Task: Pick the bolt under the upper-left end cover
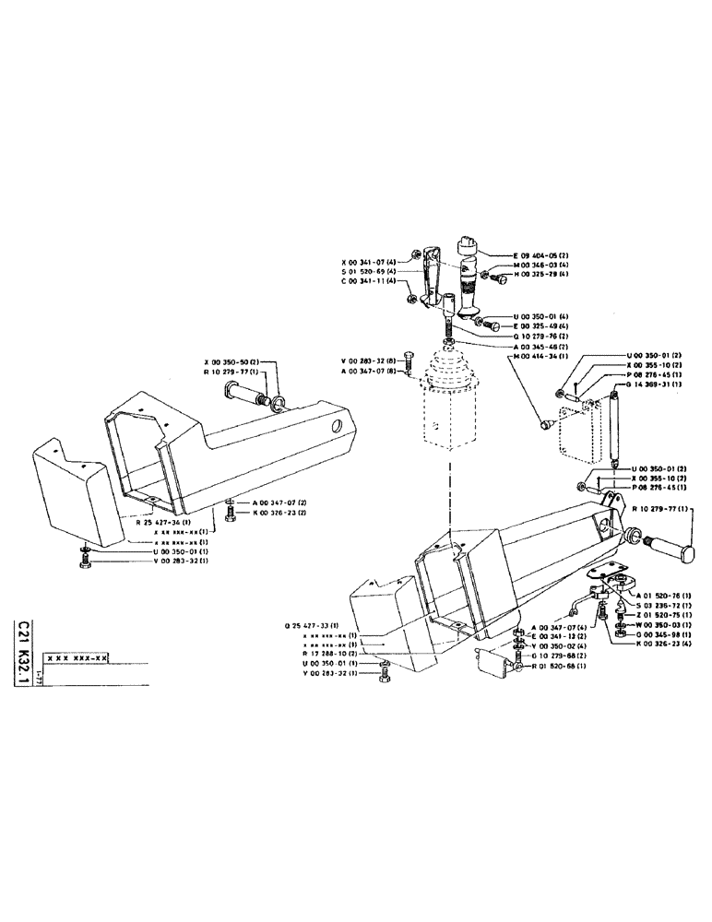[x=86, y=559]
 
